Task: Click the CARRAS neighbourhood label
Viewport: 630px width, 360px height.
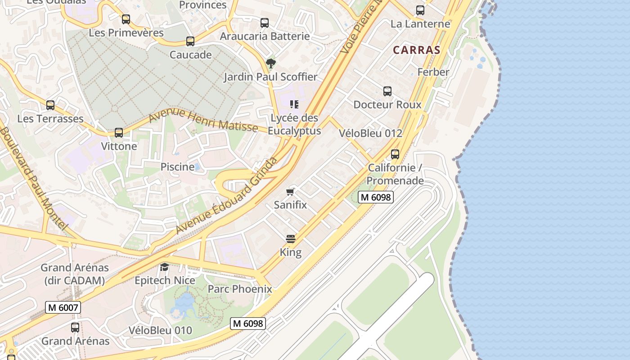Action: (416, 50)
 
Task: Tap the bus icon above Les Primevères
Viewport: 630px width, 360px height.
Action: (126, 19)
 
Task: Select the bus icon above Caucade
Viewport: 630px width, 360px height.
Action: (190, 41)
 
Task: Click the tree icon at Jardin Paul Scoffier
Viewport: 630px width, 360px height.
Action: (270, 63)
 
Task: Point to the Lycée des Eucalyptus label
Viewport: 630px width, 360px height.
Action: (294, 124)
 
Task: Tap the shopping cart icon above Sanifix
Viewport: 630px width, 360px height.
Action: (290, 192)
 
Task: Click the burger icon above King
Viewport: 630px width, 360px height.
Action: (291, 238)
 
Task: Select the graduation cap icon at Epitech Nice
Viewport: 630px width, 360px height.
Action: (164, 267)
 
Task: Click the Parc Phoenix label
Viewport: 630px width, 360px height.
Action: (239, 289)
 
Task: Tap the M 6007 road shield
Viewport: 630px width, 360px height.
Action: (63, 308)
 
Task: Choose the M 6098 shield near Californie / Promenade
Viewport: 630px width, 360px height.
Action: (376, 197)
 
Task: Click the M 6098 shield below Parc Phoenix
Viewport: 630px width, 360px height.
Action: (248, 323)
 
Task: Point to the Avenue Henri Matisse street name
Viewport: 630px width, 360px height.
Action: (203, 121)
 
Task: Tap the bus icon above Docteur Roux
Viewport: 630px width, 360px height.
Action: (387, 91)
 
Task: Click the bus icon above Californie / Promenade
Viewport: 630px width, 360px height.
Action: (395, 154)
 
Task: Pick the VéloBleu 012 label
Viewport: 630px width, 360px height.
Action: (370, 133)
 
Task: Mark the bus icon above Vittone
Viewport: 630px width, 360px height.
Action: (119, 133)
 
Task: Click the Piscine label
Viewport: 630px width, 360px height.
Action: (178, 167)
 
